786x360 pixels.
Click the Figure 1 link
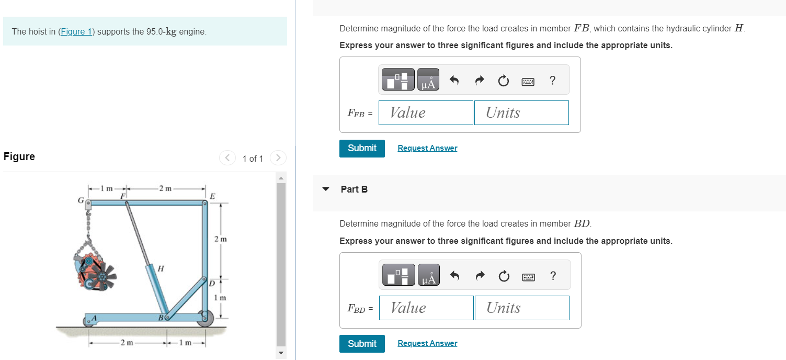coord(76,31)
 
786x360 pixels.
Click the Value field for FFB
coord(426,113)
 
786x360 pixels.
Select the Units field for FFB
coord(521,113)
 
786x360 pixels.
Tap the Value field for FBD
coord(426,308)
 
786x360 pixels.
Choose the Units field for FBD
coord(522,308)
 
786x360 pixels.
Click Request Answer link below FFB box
coord(427,148)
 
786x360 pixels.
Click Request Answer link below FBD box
coord(427,343)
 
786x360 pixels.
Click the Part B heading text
coord(354,189)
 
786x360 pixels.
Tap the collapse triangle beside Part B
coord(326,189)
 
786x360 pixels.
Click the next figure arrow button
coord(278,157)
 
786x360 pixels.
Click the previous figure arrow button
coord(227,157)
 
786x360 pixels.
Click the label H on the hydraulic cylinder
coord(161,268)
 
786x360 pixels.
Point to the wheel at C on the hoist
coord(205,318)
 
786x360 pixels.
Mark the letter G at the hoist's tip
coord(81,200)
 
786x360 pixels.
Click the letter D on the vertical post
coord(212,284)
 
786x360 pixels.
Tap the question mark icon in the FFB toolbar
coord(552,81)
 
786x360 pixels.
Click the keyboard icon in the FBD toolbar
coord(528,277)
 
